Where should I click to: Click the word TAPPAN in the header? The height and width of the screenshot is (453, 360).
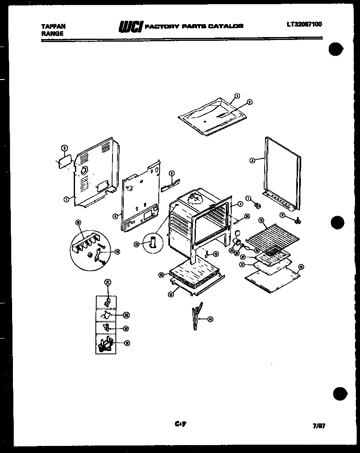pyautogui.click(x=53, y=26)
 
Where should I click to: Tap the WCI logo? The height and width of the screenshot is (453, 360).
pyautogui.click(x=131, y=27)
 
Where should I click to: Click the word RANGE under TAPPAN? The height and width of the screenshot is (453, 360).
pyautogui.click(x=52, y=33)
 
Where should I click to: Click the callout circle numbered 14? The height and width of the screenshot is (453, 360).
pyautogui.click(x=210, y=319)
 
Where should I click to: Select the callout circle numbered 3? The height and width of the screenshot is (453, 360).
pyautogui.click(x=252, y=159)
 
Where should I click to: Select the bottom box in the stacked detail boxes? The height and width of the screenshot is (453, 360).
pyautogui.click(x=107, y=344)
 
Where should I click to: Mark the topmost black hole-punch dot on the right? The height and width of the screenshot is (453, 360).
pyautogui.click(x=337, y=50)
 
